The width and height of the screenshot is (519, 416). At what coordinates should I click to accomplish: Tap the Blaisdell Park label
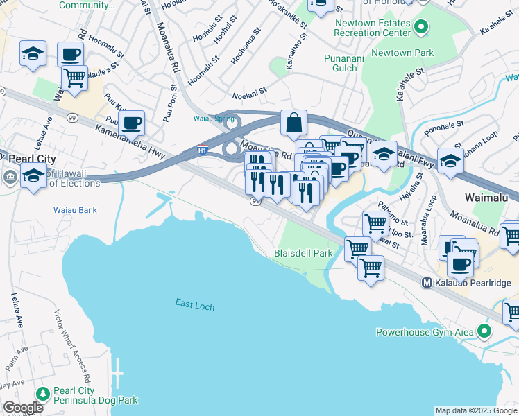click(304, 254)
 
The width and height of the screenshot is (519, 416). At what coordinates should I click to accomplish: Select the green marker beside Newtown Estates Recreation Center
click(420, 28)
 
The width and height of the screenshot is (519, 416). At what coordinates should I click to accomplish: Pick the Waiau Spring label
click(213, 118)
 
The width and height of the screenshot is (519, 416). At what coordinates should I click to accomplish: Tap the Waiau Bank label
click(74, 209)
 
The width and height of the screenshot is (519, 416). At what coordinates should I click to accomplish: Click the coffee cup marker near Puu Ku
click(130, 122)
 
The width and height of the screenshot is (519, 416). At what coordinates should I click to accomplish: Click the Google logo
click(23, 408)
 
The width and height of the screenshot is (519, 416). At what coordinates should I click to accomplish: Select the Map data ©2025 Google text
click(475, 410)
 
